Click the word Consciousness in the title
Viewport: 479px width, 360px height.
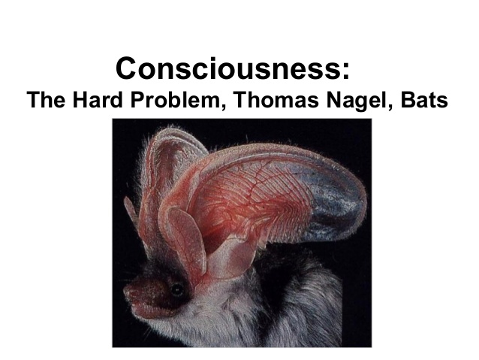point(229,68)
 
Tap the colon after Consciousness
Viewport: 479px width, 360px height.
point(346,71)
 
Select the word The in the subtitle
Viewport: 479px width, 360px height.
point(46,100)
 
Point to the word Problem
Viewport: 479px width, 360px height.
point(174,100)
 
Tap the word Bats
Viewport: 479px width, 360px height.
point(424,100)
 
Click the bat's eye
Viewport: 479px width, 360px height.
point(177,289)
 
